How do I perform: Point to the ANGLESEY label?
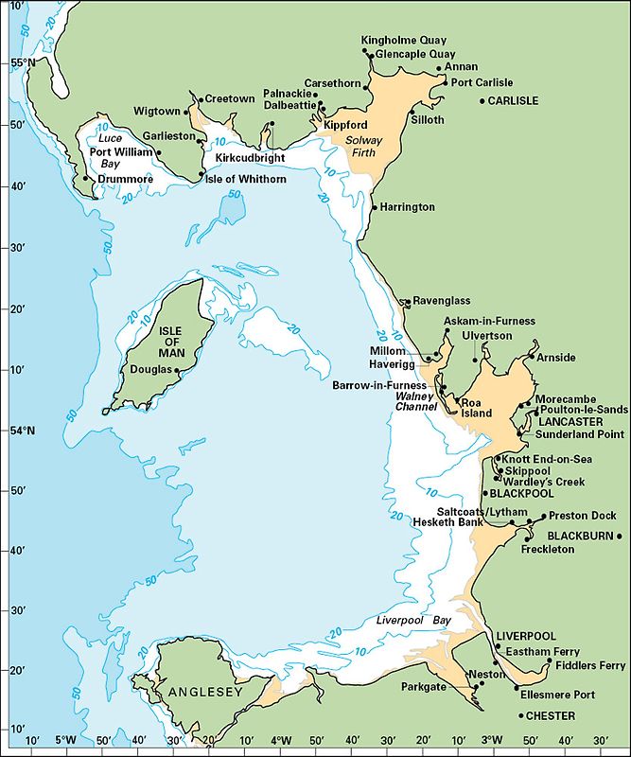coord(200,693)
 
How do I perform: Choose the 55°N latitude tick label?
coord(16,63)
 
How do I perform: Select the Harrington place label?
coord(409,206)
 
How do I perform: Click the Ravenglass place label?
coord(442,301)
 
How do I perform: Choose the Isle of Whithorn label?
coord(246,179)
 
